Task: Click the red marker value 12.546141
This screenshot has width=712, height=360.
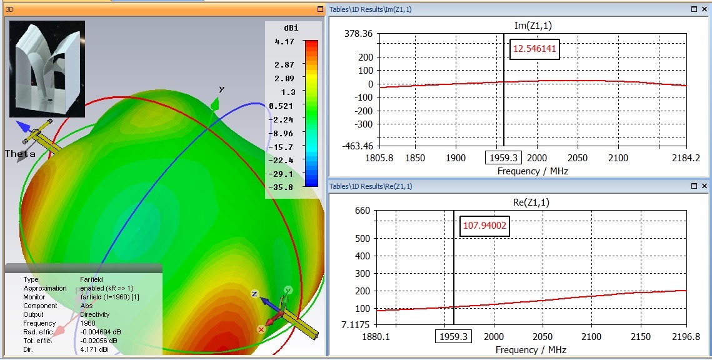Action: coord(534,49)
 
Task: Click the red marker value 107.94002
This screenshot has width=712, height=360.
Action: coord(484,226)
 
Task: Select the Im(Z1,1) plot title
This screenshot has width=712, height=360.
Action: coord(531,25)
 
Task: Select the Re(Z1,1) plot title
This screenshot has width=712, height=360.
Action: coord(531,202)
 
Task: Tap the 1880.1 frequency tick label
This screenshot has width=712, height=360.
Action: coord(378,337)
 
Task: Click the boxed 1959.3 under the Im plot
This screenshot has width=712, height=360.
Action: coord(504,158)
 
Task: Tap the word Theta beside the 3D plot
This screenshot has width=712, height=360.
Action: coord(20,154)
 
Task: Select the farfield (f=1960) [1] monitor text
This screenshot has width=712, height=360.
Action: coord(110,297)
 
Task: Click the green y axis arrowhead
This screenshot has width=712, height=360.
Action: coord(216,104)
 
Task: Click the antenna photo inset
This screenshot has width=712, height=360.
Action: coord(47,69)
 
